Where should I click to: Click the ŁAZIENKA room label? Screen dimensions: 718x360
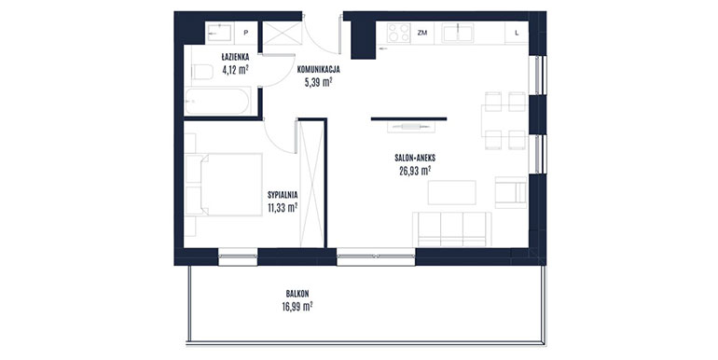[x=235, y=57]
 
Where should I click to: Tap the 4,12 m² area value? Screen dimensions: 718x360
[x=235, y=70]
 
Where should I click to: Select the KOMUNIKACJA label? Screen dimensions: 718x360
[x=318, y=70]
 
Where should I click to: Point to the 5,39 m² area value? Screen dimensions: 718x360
[x=318, y=82]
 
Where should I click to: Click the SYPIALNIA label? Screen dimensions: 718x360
[x=283, y=195]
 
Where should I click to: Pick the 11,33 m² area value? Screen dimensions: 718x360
[x=283, y=208]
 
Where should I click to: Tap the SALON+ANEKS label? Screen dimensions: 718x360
[x=415, y=158]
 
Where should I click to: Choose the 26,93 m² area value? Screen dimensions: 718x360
[x=415, y=171]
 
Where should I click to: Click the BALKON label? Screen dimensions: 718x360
[x=297, y=294]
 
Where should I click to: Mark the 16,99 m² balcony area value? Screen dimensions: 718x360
[x=297, y=307]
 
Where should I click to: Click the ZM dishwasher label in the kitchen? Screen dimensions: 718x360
[x=422, y=33]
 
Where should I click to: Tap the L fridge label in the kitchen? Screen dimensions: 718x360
[x=517, y=33]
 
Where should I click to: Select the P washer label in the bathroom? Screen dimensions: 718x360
[x=246, y=33]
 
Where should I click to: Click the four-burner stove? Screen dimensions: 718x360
[x=399, y=33]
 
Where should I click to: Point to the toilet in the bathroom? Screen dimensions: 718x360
[x=200, y=72]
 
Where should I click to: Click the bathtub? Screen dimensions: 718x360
[x=217, y=101]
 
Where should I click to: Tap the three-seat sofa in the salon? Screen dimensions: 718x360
[x=452, y=229]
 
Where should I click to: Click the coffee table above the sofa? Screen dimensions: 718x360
[x=452, y=192]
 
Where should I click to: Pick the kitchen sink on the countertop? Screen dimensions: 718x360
[x=459, y=33]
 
